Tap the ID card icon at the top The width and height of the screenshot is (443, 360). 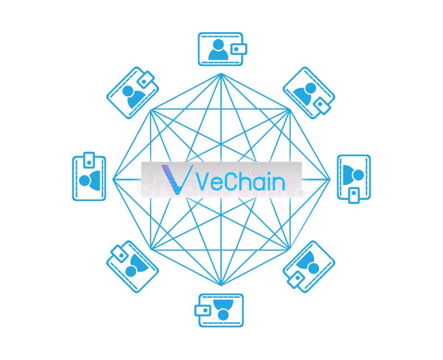click(x=221, y=49)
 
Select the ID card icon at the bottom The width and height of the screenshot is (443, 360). click(x=221, y=310)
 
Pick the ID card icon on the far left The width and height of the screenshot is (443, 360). click(x=89, y=177)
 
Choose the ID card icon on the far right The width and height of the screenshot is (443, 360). click(x=354, y=177)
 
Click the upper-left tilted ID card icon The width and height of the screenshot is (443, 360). click(x=133, y=92)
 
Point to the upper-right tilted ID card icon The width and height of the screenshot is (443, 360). click(x=309, y=92)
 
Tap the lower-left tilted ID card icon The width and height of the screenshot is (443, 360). click(x=132, y=266)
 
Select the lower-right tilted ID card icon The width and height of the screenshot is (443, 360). click(x=309, y=266)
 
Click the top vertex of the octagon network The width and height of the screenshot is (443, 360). click(x=221, y=74)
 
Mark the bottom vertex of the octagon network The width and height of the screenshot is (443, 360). click(x=221, y=285)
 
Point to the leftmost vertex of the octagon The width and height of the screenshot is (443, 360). click(x=113, y=179)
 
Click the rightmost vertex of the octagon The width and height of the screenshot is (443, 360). click(x=329, y=179)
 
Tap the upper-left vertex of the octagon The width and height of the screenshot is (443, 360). click(x=151, y=110)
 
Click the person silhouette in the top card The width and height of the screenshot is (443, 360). click(x=218, y=49)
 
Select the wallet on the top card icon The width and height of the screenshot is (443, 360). click(x=239, y=49)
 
